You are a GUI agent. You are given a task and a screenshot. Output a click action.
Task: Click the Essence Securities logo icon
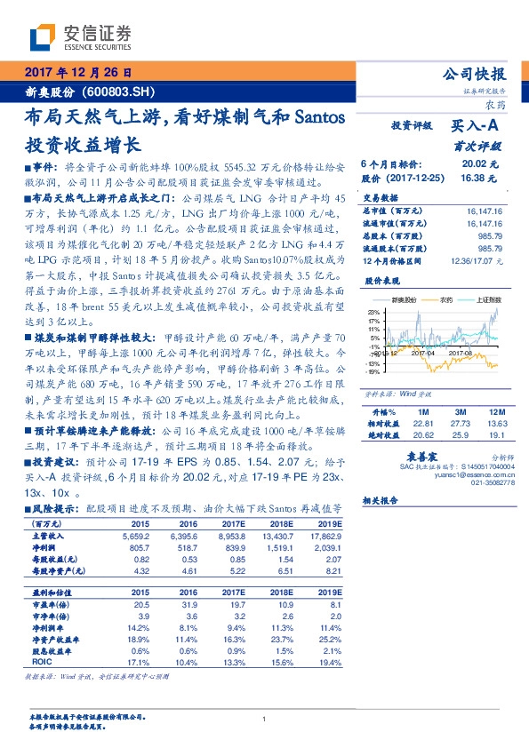[42, 37]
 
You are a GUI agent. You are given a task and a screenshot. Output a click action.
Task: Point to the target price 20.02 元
[479, 165]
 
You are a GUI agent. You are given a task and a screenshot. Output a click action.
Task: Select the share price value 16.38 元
[479, 178]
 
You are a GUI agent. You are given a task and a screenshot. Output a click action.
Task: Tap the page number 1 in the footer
[265, 719]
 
